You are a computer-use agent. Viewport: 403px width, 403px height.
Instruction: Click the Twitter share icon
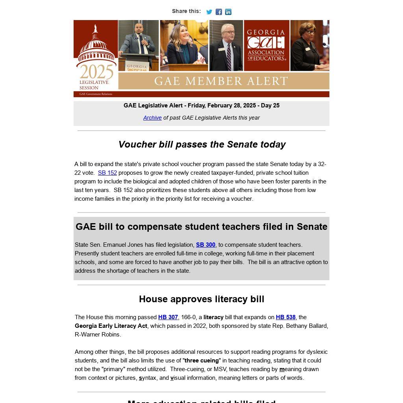209,12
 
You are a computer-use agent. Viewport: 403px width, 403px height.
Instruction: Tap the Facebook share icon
219,12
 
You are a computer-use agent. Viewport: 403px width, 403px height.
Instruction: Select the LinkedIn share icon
228,12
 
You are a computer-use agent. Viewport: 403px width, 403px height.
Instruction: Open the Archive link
152,118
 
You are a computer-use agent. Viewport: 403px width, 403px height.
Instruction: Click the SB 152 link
107,173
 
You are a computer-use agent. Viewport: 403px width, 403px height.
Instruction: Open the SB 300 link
205,245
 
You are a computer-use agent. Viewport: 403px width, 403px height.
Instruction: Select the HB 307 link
168,317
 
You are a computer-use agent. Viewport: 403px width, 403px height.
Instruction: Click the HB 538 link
286,317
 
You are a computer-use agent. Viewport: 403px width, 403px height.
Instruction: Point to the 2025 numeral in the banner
96,72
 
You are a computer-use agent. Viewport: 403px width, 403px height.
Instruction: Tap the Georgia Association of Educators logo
266,45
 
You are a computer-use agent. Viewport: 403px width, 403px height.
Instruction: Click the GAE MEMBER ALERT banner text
221,81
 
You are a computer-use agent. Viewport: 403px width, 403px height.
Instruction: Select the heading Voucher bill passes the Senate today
202,144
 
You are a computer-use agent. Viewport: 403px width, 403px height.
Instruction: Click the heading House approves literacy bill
201,299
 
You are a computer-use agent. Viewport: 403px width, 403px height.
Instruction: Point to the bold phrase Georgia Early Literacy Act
111,326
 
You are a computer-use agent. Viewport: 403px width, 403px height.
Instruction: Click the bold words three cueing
201,360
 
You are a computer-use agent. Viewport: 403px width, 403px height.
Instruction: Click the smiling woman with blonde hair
183,43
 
